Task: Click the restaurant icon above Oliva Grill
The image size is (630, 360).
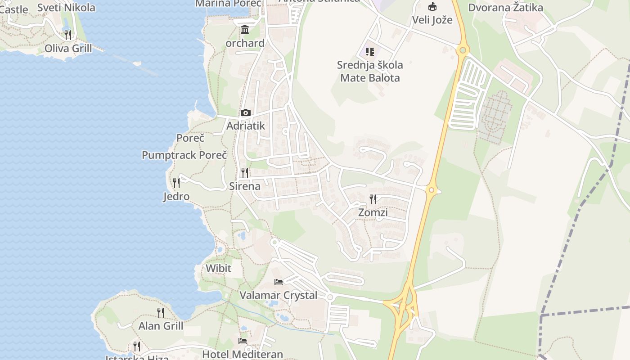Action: click(x=68, y=35)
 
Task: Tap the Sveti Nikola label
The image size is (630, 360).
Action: click(x=66, y=8)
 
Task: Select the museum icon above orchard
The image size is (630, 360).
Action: click(x=245, y=30)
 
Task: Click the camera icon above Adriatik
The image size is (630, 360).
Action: click(x=245, y=112)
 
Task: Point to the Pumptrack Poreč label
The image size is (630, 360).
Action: click(x=184, y=155)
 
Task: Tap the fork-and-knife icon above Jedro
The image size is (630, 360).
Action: click(x=176, y=183)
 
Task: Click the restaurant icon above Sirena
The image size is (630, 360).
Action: click(x=245, y=172)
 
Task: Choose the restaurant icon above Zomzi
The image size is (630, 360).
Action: click(x=373, y=199)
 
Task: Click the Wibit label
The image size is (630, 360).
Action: click(x=218, y=269)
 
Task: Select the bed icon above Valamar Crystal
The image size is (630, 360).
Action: click(x=279, y=282)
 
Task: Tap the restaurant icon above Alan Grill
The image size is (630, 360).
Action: click(x=161, y=312)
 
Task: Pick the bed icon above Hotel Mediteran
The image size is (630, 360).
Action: click(x=243, y=341)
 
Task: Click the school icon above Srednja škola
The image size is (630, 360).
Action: click(x=369, y=52)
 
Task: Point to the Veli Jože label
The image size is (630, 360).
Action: click(x=432, y=20)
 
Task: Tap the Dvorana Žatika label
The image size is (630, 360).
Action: click(x=505, y=8)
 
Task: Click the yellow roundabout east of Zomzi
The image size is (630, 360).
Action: click(x=432, y=190)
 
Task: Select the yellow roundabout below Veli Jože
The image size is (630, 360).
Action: click(x=462, y=50)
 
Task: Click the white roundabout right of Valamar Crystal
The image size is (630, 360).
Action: click(x=330, y=297)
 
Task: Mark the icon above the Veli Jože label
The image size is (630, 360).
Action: click(x=432, y=6)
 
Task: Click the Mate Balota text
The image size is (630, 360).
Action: click(x=370, y=78)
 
